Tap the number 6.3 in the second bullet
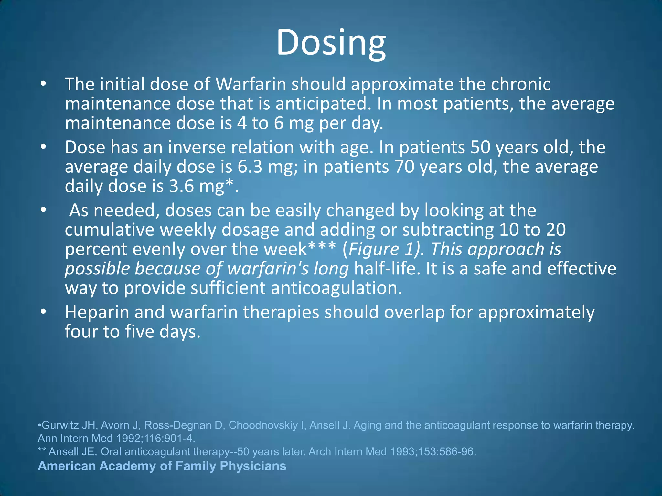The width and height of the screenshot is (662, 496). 250,167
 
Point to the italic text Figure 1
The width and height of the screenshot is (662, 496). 382,249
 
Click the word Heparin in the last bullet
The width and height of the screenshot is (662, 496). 97,313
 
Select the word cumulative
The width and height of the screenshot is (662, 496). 110,230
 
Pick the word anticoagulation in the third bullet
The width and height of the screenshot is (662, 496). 336,288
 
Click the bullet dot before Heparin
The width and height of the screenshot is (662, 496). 44,312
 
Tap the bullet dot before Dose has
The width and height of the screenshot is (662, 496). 44,147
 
